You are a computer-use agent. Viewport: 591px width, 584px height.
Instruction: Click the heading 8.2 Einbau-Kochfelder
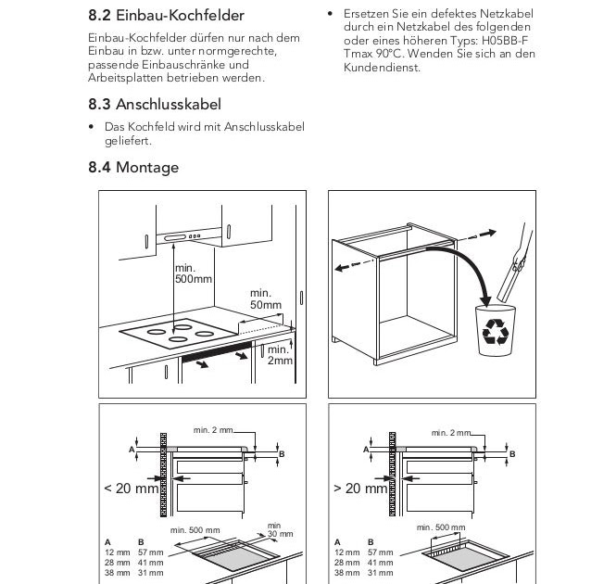[x=166, y=16]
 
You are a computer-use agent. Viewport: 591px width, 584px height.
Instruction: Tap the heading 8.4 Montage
[x=133, y=168]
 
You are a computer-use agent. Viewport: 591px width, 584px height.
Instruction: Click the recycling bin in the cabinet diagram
[x=492, y=331]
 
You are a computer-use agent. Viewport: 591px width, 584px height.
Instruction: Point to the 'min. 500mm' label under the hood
[x=193, y=273]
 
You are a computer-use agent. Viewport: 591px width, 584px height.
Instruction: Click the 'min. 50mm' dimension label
[x=265, y=298]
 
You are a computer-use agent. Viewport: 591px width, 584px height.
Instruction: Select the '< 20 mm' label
[x=130, y=489]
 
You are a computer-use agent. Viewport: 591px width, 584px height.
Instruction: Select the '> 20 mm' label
[x=360, y=489]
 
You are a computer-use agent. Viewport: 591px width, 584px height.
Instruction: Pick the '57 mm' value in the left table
[x=149, y=552]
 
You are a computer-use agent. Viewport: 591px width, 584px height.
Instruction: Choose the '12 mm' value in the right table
[x=347, y=552]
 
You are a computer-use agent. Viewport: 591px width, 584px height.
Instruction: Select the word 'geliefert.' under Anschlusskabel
[x=128, y=141]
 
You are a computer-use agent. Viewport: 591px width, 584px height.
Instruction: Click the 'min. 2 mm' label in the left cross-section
[x=214, y=430]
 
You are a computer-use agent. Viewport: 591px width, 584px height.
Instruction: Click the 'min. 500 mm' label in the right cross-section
[x=441, y=527]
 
